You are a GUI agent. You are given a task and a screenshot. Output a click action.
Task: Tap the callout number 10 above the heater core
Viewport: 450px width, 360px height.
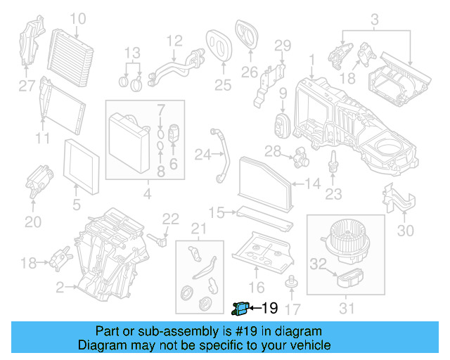click(77, 18)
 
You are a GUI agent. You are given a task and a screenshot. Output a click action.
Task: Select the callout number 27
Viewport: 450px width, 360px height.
click(26, 86)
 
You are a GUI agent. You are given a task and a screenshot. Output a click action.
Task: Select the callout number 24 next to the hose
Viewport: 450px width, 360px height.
click(202, 153)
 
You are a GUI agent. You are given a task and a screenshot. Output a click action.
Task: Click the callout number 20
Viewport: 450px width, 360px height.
click(33, 222)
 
